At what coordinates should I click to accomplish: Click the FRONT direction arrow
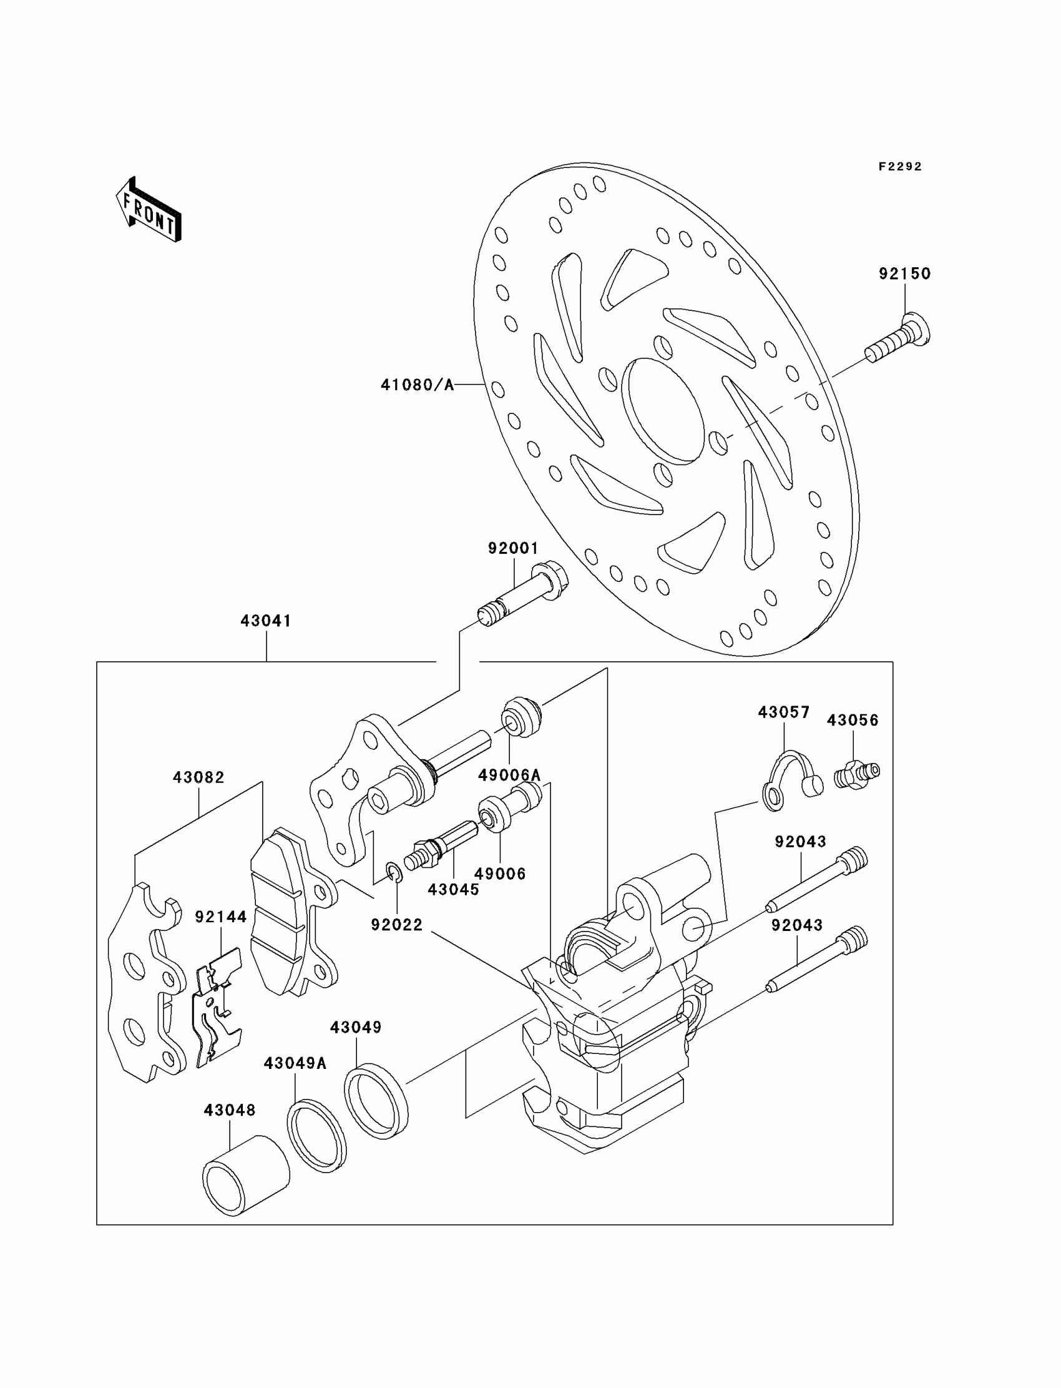[x=149, y=210]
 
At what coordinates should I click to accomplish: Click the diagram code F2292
[x=900, y=167]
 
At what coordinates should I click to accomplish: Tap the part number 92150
[x=904, y=273]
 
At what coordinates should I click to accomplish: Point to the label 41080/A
[x=418, y=385]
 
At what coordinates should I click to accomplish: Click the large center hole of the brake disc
[x=662, y=411]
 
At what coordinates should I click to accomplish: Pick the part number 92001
[x=513, y=548]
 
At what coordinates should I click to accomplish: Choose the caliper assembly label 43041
[x=266, y=621]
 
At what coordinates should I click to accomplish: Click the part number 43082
[x=199, y=778]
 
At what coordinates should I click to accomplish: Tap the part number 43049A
[x=295, y=1064]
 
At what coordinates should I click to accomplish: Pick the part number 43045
[x=454, y=890]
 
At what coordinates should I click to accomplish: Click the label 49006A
[x=509, y=775]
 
